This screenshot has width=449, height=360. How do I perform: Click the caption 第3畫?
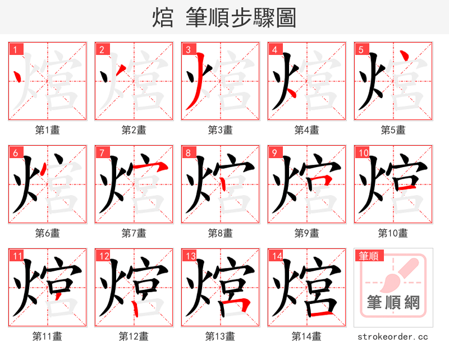pos(220,130)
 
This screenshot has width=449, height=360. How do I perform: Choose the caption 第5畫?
pos(393,130)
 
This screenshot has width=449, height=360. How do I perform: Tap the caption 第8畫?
pos(220,233)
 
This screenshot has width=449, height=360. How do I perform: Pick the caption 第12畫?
pos(134,336)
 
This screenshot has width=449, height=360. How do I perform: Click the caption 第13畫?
pos(220,336)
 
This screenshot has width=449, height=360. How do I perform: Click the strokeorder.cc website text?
pos(393,336)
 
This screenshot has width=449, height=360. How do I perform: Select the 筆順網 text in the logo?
pos(393,303)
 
